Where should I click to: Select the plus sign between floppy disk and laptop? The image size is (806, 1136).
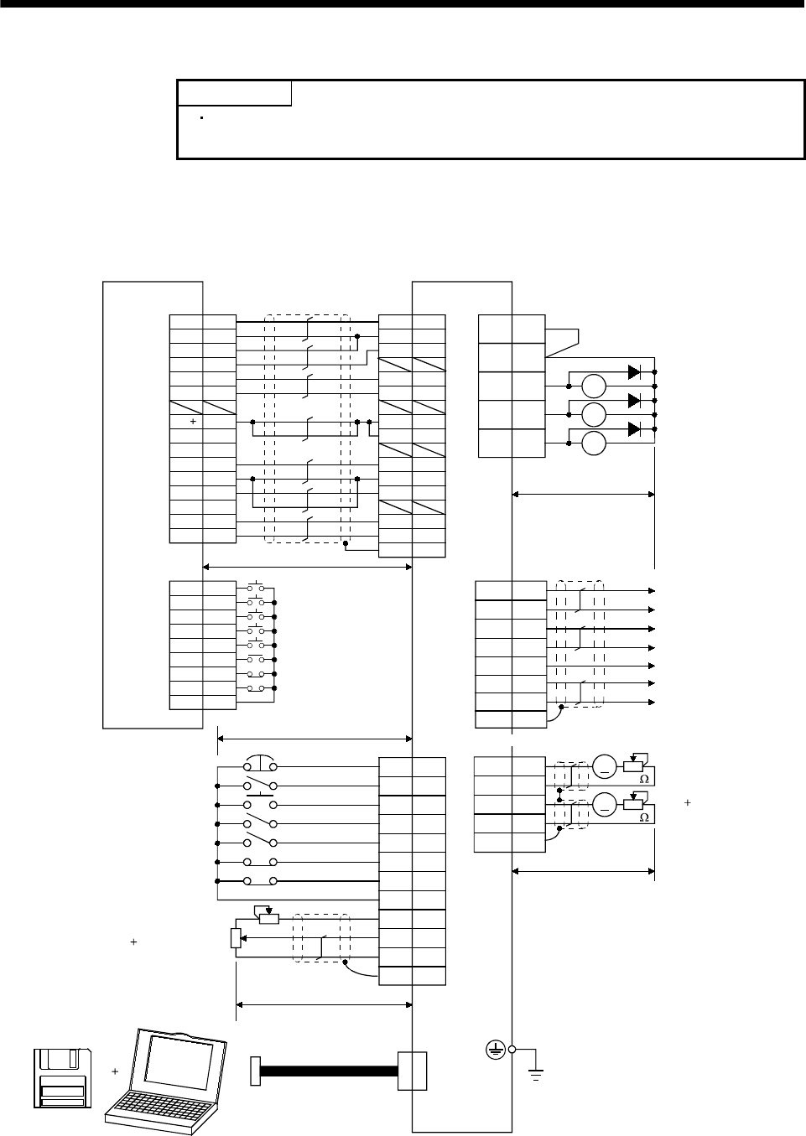tap(115, 1071)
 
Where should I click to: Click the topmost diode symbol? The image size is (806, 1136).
tap(635, 371)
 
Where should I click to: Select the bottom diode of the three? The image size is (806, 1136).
tap(635, 429)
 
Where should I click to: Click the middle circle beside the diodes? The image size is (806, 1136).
tap(593, 414)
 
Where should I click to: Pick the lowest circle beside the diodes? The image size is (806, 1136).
tap(593, 444)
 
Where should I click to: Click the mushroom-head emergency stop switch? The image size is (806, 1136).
tap(261, 764)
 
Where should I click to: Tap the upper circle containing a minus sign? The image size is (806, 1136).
tap(604, 765)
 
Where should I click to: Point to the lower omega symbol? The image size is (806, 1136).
tap(644, 818)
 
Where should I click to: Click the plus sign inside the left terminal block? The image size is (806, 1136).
tap(193, 422)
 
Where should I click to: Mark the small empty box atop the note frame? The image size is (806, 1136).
tap(235, 93)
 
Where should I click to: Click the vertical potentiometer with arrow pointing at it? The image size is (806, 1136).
tap(236, 937)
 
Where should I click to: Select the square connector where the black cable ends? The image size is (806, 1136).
tap(412, 1071)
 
